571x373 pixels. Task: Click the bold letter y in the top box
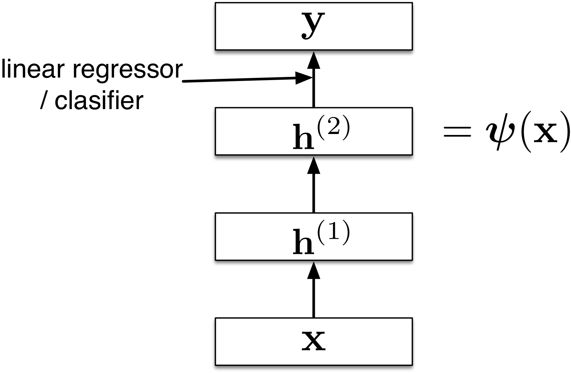pyautogui.click(x=313, y=25)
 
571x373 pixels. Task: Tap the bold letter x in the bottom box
pyautogui.click(x=313, y=342)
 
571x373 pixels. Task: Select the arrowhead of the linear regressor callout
pyautogui.click(x=303, y=78)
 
